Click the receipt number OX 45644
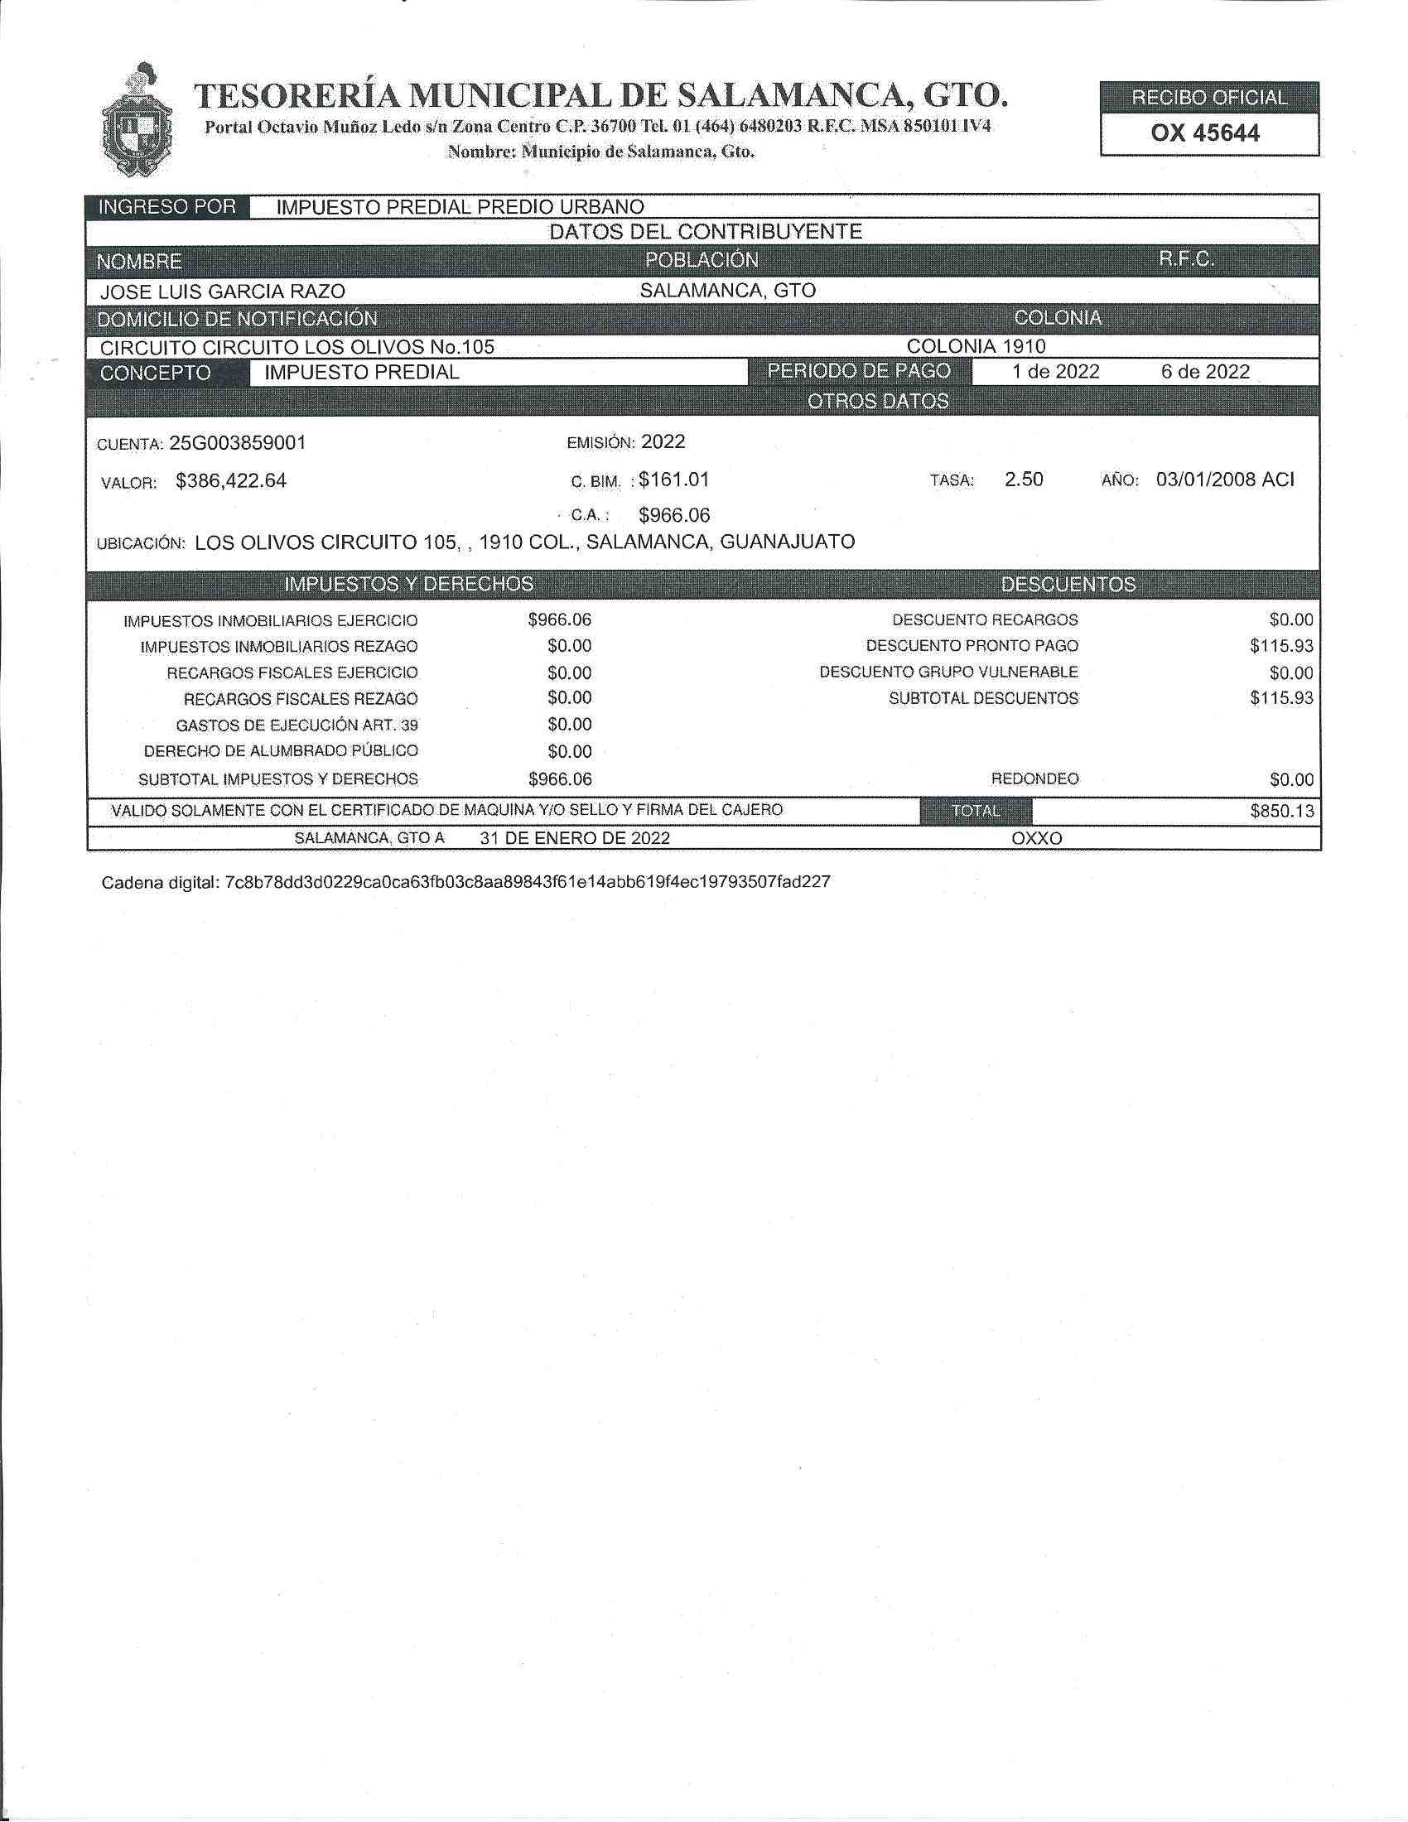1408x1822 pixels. [x=1204, y=133]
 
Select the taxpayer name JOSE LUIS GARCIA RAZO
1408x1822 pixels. [x=222, y=292]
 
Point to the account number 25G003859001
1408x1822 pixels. [x=238, y=443]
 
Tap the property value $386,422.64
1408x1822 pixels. [x=231, y=481]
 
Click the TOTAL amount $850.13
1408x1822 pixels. [x=1281, y=811]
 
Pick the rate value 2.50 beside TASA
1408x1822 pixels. [x=1024, y=480]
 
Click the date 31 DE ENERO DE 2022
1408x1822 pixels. [x=575, y=838]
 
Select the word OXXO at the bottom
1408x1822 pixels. [x=1037, y=838]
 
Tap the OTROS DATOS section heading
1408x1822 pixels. [x=877, y=402]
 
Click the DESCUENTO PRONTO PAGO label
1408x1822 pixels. [x=972, y=646]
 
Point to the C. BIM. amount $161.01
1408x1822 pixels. [x=674, y=480]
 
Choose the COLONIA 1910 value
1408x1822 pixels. [x=976, y=346]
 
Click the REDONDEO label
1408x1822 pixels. [x=1034, y=779]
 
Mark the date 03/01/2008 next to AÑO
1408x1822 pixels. [x=1207, y=480]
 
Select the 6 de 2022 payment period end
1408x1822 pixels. [x=1204, y=372]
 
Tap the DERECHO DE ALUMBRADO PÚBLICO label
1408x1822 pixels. [x=281, y=752]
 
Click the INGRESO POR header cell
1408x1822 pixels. [x=167, y=207]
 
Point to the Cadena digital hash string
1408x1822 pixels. [x=527, y=882]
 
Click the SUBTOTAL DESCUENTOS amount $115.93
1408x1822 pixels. [x=1281, y=698]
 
